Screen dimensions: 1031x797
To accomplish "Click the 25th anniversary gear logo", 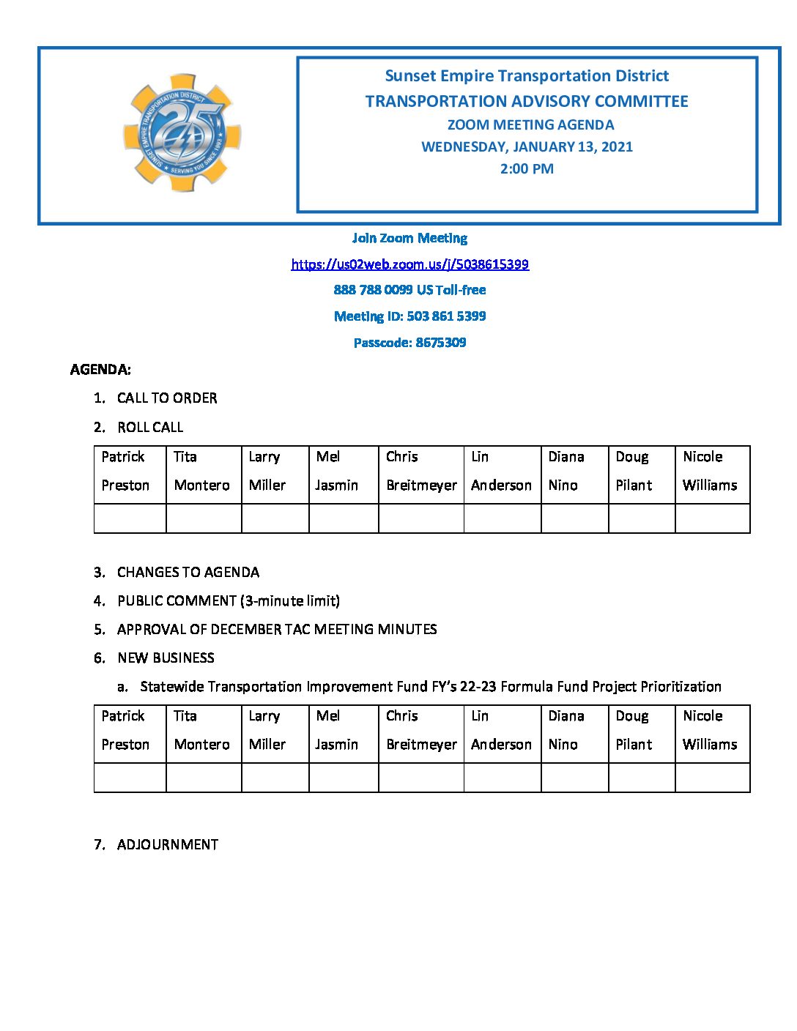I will (182, 133).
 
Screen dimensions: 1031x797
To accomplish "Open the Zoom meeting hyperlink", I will (409, 264).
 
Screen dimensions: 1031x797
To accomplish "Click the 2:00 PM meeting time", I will (527, 168).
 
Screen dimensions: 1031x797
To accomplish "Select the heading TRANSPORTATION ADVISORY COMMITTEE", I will (527, 101).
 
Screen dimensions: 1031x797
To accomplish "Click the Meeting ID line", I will (409, 316).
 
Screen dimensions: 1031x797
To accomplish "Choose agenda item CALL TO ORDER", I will (167, 398).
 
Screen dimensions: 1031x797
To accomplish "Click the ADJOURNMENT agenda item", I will (167, 845).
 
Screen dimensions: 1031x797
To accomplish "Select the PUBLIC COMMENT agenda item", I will (228, 601).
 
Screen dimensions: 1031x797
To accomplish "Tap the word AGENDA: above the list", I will (100, 370).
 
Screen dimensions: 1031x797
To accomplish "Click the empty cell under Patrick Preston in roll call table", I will (130, 518).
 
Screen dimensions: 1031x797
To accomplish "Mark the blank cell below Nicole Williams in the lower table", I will (712, 778).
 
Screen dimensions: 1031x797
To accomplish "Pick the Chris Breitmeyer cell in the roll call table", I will (420, 471).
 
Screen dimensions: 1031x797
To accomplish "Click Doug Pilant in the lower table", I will (641, 730).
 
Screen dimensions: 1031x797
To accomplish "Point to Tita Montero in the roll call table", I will (203, 471).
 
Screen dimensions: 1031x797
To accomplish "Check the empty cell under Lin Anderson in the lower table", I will (502, 778).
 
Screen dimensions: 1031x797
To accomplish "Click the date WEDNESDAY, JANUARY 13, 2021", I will (527, 146).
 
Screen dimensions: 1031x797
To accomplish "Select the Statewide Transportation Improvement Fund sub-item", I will (430, 687).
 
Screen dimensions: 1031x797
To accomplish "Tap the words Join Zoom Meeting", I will (409, 238).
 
